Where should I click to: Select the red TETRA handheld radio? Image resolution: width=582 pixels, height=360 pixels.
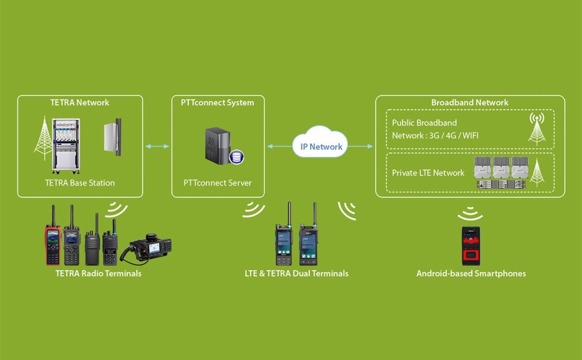53,243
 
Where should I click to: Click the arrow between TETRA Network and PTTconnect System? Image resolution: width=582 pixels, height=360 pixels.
157,146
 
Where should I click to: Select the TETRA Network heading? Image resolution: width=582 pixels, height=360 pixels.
80,102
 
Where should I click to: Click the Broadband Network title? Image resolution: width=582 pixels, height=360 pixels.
469,102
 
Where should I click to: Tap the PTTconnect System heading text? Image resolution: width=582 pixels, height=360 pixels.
218,102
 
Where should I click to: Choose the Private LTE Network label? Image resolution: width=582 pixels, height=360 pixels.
428,173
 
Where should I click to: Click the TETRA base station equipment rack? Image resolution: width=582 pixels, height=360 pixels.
66,146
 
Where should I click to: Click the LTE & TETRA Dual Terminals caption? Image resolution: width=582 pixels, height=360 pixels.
296,273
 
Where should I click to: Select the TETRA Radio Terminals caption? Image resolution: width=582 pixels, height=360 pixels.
98,273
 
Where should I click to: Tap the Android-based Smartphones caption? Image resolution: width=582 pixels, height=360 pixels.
471,273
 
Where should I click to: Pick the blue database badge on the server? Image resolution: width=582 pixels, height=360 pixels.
236,157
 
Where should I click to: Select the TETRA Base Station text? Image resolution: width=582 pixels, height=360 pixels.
80,182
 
